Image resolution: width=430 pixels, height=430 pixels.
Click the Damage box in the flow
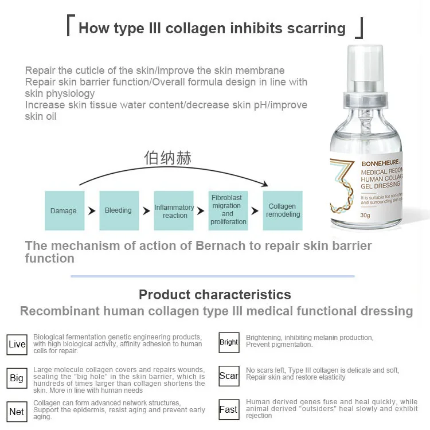coord(63,210)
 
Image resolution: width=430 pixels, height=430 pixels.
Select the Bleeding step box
coord(118,210)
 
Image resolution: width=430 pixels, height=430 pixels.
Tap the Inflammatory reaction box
coord(174,210)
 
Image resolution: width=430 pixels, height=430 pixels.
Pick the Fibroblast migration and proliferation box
coord(228,210)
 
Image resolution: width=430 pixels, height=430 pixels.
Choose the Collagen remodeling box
coord(283,210)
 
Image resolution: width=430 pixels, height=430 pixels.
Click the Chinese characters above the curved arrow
coord(168,158)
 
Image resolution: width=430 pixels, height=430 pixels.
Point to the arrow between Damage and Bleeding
coord(92,211)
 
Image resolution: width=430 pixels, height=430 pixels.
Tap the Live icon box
coord(17,344)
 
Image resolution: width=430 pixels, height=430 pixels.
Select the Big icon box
coord(17,378)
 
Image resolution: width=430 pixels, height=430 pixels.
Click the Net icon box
coord(17,412)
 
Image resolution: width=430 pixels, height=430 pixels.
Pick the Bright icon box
coord(229,342)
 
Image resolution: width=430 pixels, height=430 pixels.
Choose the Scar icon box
coord(229,376)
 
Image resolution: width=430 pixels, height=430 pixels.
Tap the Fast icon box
coord(229,410)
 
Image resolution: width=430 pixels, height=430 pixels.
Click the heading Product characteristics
coord(215,295)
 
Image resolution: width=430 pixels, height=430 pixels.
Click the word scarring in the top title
coord(314,28)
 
